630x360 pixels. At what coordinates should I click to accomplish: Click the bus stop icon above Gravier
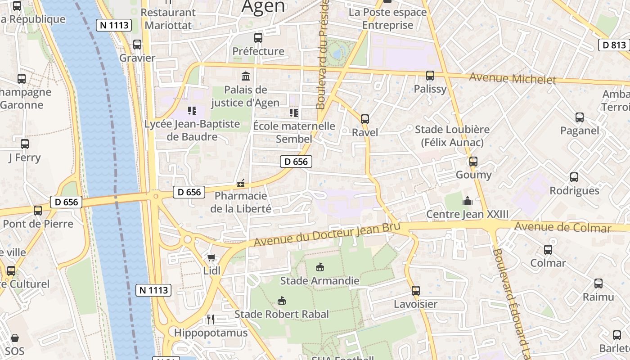(x=137, y=45)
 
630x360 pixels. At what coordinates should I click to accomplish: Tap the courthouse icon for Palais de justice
(x=246, y=76)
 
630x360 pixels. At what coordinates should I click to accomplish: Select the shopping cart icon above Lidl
(x=211, y=257)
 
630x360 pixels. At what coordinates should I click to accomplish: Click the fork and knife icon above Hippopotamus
(x=211, y=319)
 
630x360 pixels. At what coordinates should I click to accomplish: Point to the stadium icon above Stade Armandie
(x=319, y=267)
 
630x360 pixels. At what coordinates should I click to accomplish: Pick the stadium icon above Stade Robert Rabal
(x=282, y=301)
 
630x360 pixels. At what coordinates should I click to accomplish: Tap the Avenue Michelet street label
(x=513, y=79)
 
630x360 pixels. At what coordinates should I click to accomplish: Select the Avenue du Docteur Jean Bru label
(x=327, y=234)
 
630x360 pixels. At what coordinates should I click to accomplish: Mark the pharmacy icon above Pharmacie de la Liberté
(x=241, y=183)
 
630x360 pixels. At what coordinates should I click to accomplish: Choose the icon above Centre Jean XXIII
(x=468, y=201)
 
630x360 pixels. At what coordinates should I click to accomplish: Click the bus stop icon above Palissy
(x=430, y=76)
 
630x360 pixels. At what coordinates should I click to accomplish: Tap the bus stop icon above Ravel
(x=365, y=119)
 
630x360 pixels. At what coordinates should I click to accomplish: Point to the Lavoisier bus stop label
(x=415, y=304)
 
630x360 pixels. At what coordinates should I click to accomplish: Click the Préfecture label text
(x=258, y=51)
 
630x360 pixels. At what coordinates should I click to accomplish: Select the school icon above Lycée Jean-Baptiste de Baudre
(x=192, y=110)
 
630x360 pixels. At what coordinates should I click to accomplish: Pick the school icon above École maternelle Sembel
(x=294, y=112)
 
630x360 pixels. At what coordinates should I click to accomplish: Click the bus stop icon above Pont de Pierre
(x=38, y=210)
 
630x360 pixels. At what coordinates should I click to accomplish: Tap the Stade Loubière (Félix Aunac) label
(x=452, y=136)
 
